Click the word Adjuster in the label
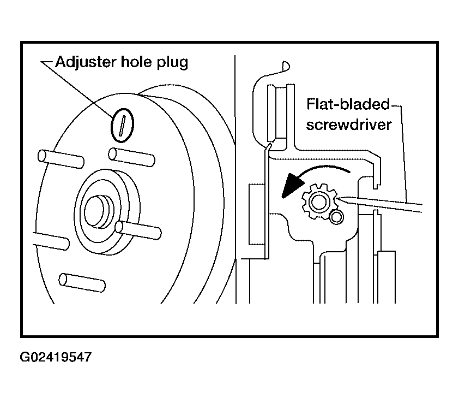[86, 62]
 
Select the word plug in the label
[172, 63]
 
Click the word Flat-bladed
[348, 104]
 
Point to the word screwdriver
[349, 125]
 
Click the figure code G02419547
[56, 357]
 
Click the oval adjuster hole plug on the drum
[122, 125]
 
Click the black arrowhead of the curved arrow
[292, 186]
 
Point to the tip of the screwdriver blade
[337, 199]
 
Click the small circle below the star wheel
[336, 217]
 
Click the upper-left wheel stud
[61, 159]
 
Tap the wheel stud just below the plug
[132, 157]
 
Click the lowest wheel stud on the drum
[82, 283]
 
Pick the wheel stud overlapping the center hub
[138, 230]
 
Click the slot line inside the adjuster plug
[122, 126]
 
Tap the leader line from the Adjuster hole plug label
[77, 89]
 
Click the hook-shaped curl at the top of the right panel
[286, 67]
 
